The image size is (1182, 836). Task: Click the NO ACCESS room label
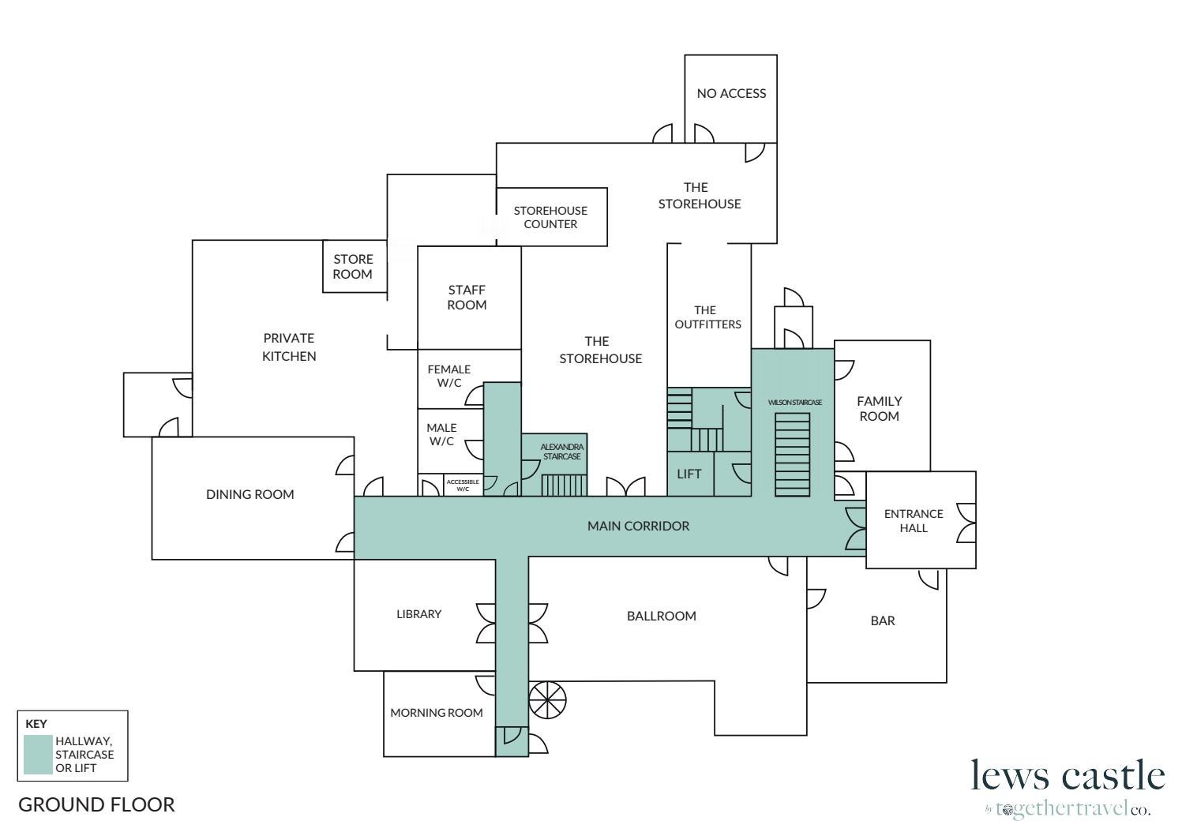[x=731, y=93]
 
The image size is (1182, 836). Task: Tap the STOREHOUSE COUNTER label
[x=550, y=217]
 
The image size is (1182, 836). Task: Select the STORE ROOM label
[x=352, y=267]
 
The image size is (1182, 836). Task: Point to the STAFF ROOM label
[x=467, y=298]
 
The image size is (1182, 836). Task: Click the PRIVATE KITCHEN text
[x=289, y=347]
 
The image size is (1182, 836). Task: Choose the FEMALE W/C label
[x=448, y=376]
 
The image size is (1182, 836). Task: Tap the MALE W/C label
[x=441, y=434]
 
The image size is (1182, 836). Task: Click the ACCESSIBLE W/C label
[x=463, y=485]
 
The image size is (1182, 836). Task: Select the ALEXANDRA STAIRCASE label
[x=561, y=452]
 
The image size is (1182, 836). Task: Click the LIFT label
[x=689, y=474]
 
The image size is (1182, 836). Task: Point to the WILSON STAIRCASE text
[x=794, y=403]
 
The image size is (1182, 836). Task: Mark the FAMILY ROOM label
[x=879, y=408]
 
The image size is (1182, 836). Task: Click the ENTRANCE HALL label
[x=914, y=520]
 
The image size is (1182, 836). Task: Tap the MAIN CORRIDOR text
[x=638, y=526]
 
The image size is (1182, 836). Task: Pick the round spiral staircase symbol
[x=547, y=699]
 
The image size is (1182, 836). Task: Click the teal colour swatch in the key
[x=38, y=755]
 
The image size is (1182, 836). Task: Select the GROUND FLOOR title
[x=96, y=804]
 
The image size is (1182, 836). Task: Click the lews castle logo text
[x=1068, y=775]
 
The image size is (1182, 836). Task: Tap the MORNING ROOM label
[x=436, y=713]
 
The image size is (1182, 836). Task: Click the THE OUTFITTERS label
[x=707, y=317]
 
